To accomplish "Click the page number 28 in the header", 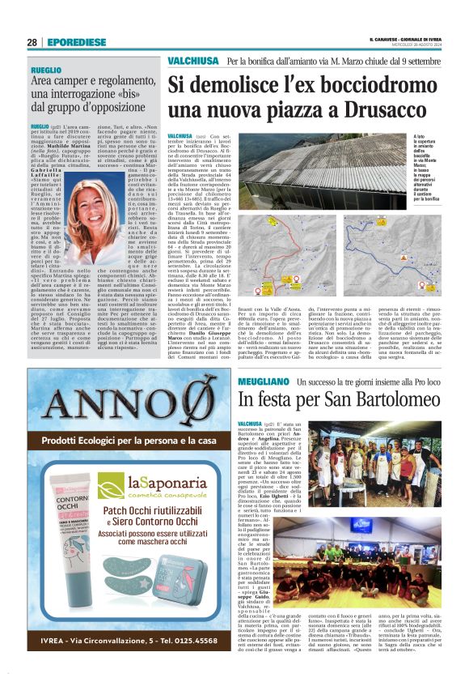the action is pyautogui.click(x=32, y=42).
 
